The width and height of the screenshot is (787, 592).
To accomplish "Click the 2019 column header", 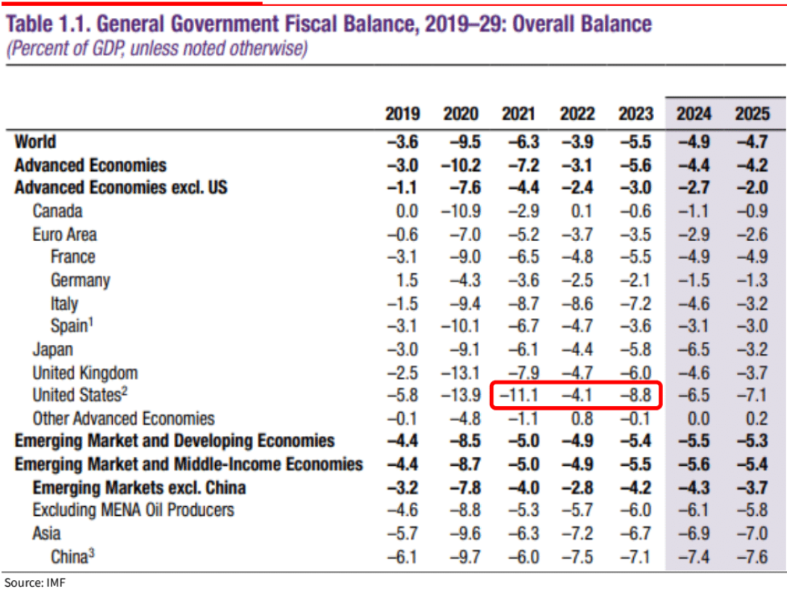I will pos(402,114).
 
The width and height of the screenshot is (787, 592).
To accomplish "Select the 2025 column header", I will pos(752,114).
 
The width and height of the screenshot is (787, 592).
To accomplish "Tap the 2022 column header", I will pos(577,114).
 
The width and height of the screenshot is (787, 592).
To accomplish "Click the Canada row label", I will pos(57,211).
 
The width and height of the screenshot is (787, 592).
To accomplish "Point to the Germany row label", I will pos(81,280).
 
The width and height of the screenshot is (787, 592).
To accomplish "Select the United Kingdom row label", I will pos(85,373).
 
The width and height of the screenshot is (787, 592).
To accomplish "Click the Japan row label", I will pos(53,349).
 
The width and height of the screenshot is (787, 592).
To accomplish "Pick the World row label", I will pos(35,141).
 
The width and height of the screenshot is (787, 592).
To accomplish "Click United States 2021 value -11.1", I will pos(519,396).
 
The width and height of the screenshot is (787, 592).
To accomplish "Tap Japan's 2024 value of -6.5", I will pos(694,349).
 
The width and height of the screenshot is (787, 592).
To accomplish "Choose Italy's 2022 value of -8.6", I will pos(577,303).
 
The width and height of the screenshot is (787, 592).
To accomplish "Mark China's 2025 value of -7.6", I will pos(752,557).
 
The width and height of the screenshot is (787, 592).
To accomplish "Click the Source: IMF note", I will pos(34,582).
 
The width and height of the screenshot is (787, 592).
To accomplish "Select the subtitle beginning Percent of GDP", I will pos(157,49).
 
